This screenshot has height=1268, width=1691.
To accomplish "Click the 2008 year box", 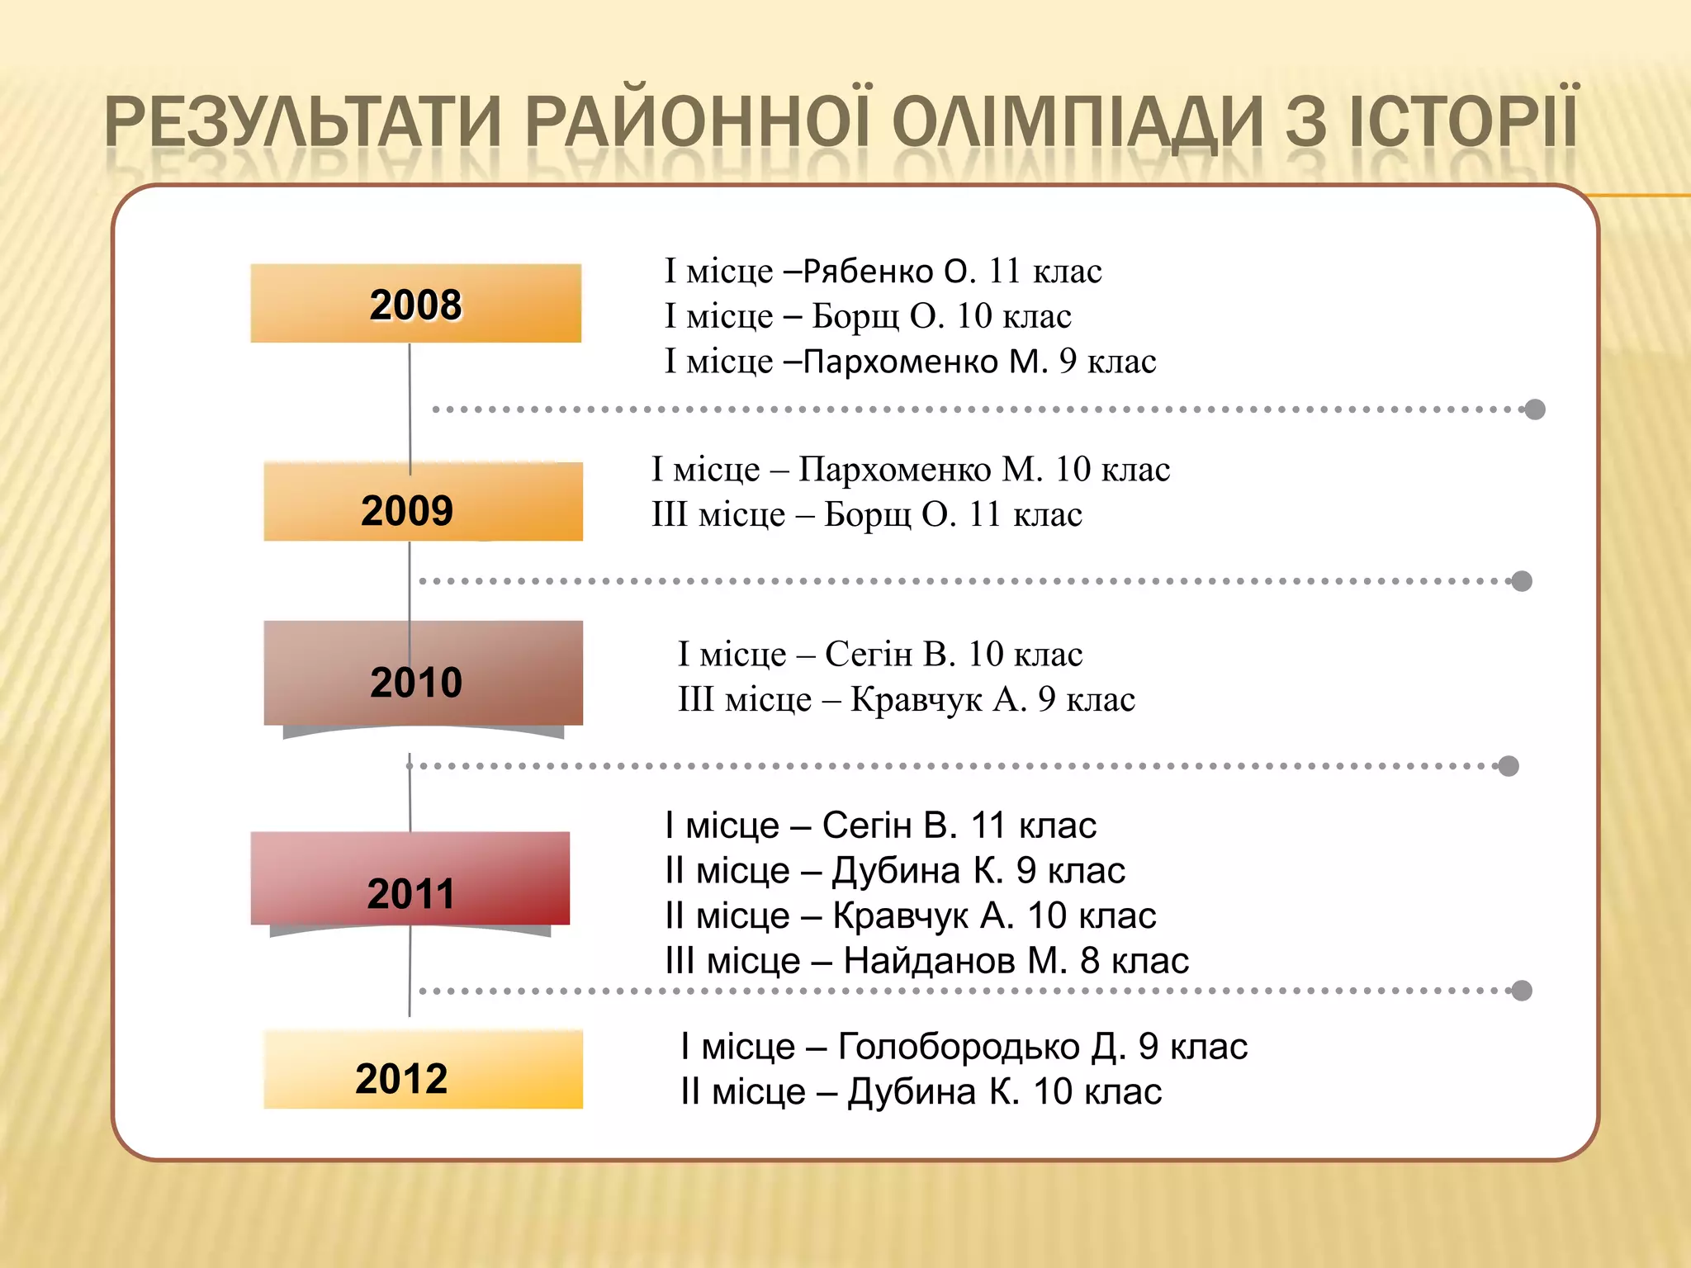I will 415,304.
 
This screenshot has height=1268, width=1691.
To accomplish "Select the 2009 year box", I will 423,502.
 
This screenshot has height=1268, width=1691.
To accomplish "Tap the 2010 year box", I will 423,674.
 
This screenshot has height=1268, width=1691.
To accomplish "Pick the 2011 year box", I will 410,878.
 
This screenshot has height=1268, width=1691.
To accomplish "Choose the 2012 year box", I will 423,1070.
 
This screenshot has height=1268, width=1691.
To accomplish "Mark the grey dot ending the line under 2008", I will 1535,409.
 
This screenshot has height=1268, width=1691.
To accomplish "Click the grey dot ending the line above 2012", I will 1522,991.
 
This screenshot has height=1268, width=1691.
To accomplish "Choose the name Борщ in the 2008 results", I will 855,317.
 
